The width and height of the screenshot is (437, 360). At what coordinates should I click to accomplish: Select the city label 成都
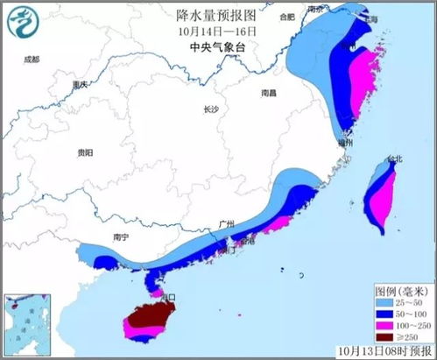click(32, 59)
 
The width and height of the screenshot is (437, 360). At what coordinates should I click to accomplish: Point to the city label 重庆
click(81, 85)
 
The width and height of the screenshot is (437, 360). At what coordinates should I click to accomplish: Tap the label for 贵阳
click(85, 152)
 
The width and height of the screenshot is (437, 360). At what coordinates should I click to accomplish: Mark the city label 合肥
click(287, 17)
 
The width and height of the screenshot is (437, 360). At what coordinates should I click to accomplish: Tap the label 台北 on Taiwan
click(394, 159)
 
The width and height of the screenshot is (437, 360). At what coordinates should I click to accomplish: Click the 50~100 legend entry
click(399, 312)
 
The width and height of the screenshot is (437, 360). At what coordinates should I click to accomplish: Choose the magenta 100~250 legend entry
click(399, 324)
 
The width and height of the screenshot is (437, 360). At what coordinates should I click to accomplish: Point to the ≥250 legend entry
click(399, 336)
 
